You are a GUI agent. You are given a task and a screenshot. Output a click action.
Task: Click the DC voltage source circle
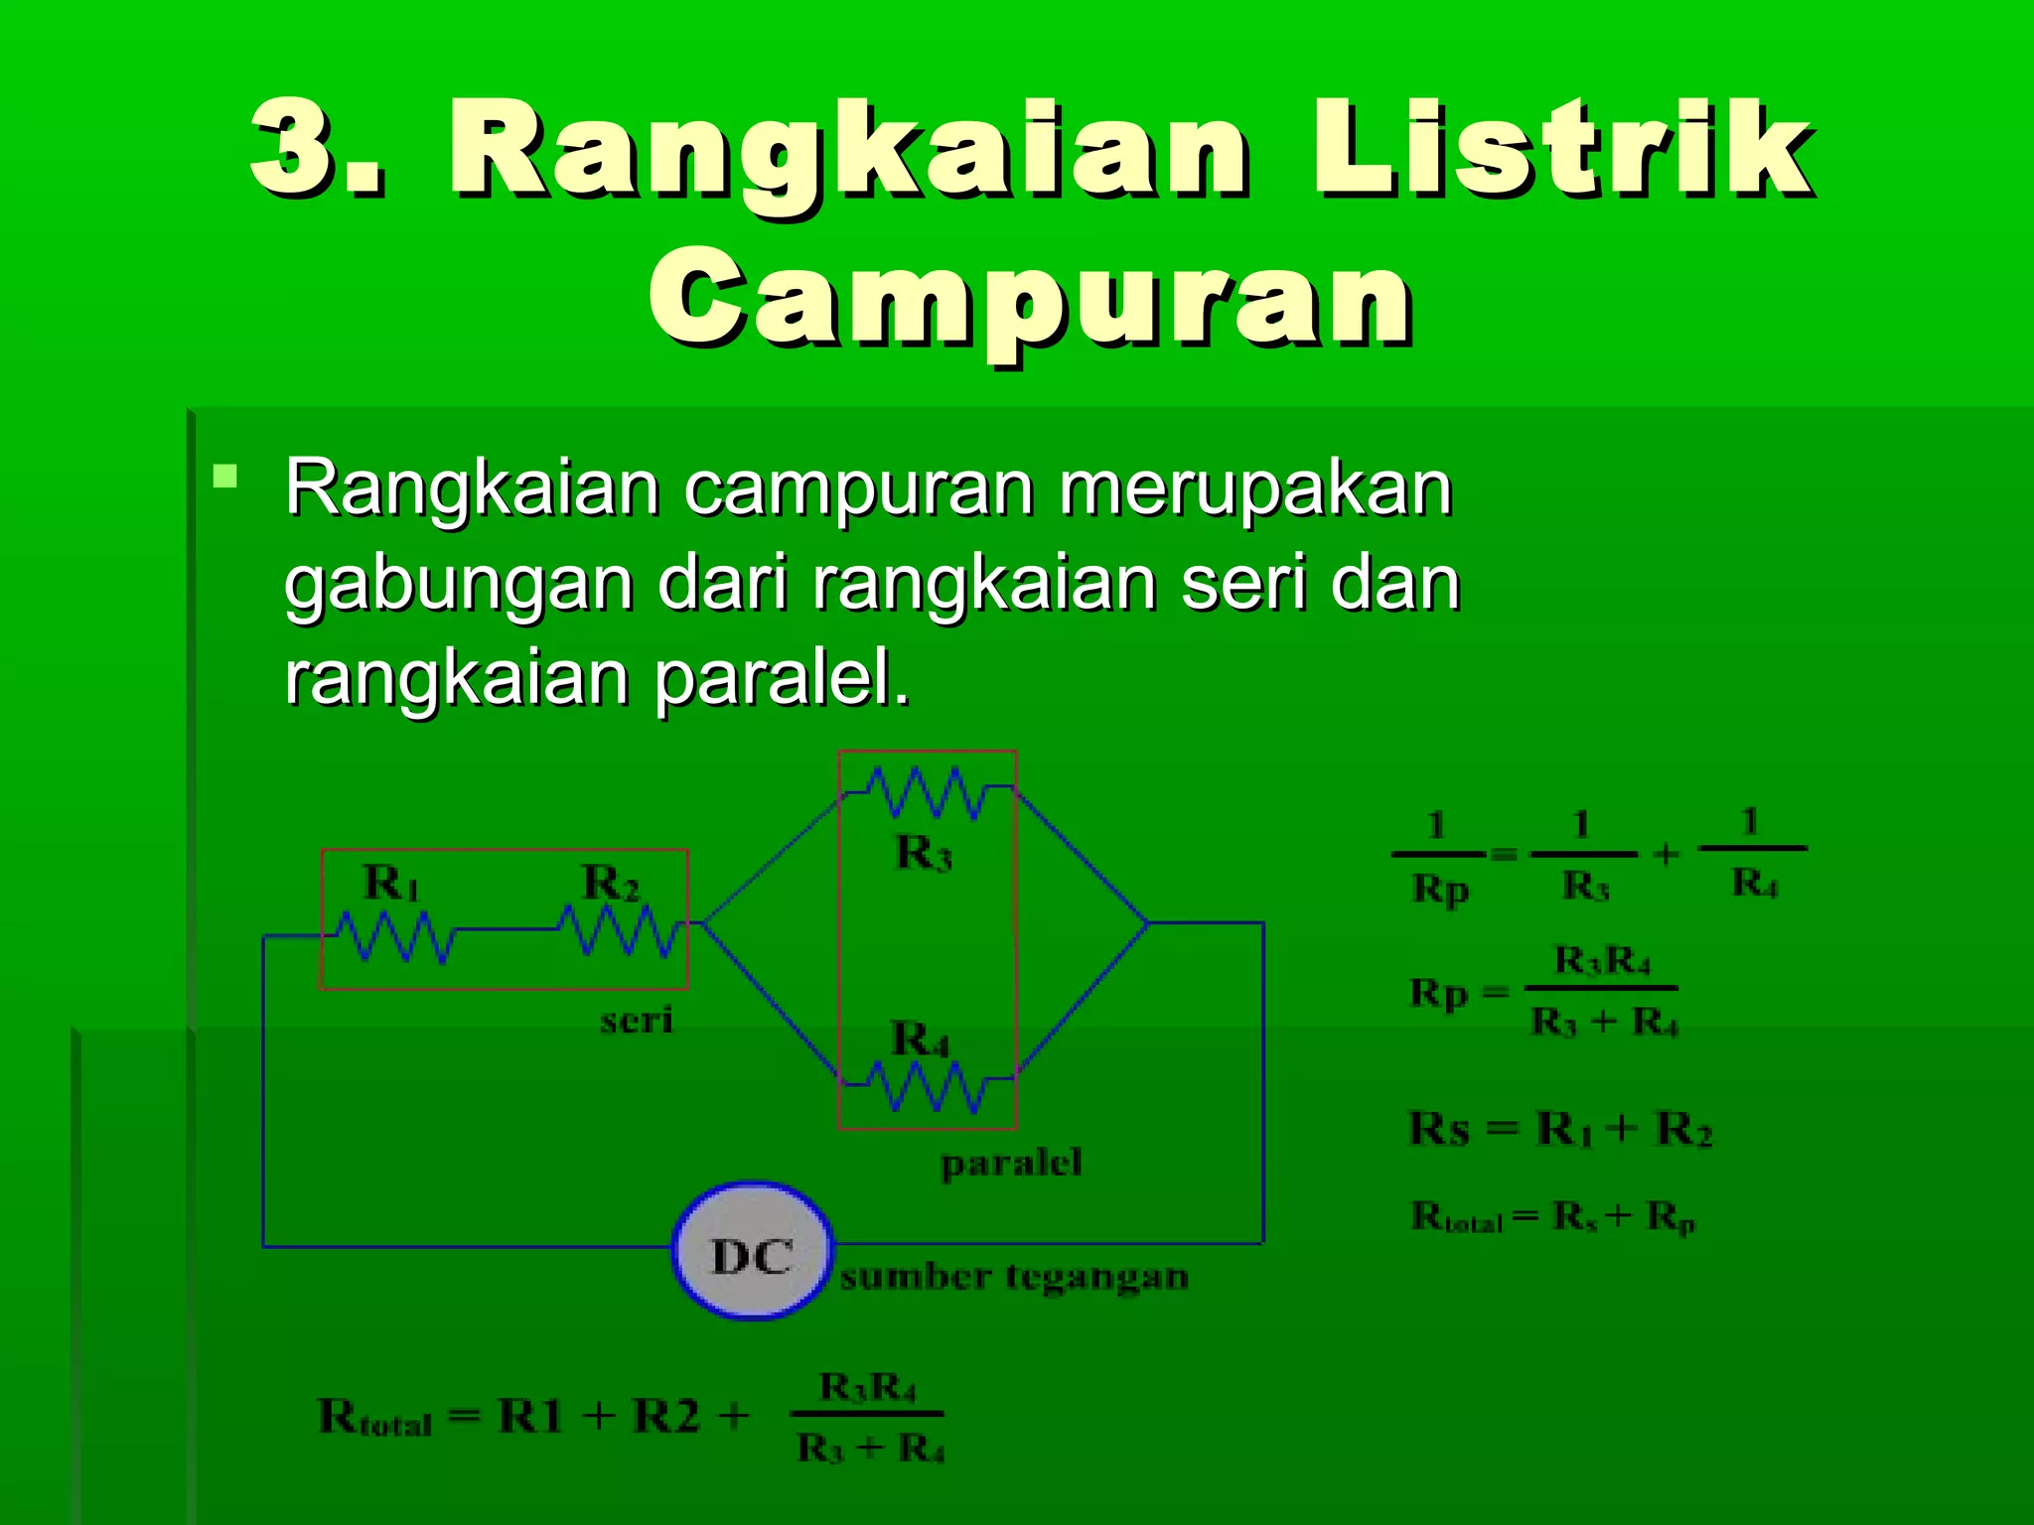(x=752, y=1251)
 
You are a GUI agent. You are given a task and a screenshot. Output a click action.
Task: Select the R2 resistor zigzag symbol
(x=618, y=931)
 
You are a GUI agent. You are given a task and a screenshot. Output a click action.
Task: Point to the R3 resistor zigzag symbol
(x=927, y=792)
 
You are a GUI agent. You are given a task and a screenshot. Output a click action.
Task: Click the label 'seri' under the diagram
(x=636, y=1020)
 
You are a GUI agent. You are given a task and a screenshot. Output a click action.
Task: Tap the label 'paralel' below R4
(x=1011, y=1163)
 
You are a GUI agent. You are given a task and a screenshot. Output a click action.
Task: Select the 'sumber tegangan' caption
(x=1014, y=1276)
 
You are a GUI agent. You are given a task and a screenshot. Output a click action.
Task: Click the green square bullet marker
(x=225, y=477)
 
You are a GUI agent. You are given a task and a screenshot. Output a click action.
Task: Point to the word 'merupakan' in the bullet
(x=1255, y=488)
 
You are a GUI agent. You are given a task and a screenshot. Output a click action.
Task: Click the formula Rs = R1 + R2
(x=1560, y=1129)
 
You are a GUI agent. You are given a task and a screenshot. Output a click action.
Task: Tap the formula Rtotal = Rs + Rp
(x=1553, y=1216)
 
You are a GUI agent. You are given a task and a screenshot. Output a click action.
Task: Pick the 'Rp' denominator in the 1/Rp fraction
(x=1439, y=889)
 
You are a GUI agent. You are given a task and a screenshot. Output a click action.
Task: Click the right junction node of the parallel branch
(x=1148, y=923)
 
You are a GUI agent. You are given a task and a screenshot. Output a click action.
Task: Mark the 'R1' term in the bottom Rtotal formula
(x=529, y=1416)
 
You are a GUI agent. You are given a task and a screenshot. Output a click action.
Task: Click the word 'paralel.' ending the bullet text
(x=781, y=679)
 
